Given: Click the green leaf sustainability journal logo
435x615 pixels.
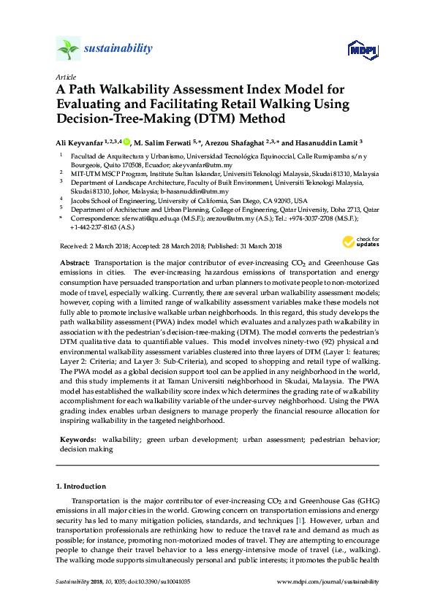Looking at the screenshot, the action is click(x=67, y=48).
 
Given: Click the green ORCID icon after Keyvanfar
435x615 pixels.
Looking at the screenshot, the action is click(x=126, y=142).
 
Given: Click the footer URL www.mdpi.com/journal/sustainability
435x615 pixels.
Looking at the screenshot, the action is click(x=329, y=582).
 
